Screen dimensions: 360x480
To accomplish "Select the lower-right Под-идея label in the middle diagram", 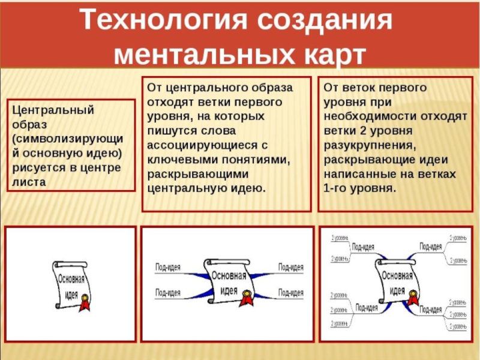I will click(x=291, y=293).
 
